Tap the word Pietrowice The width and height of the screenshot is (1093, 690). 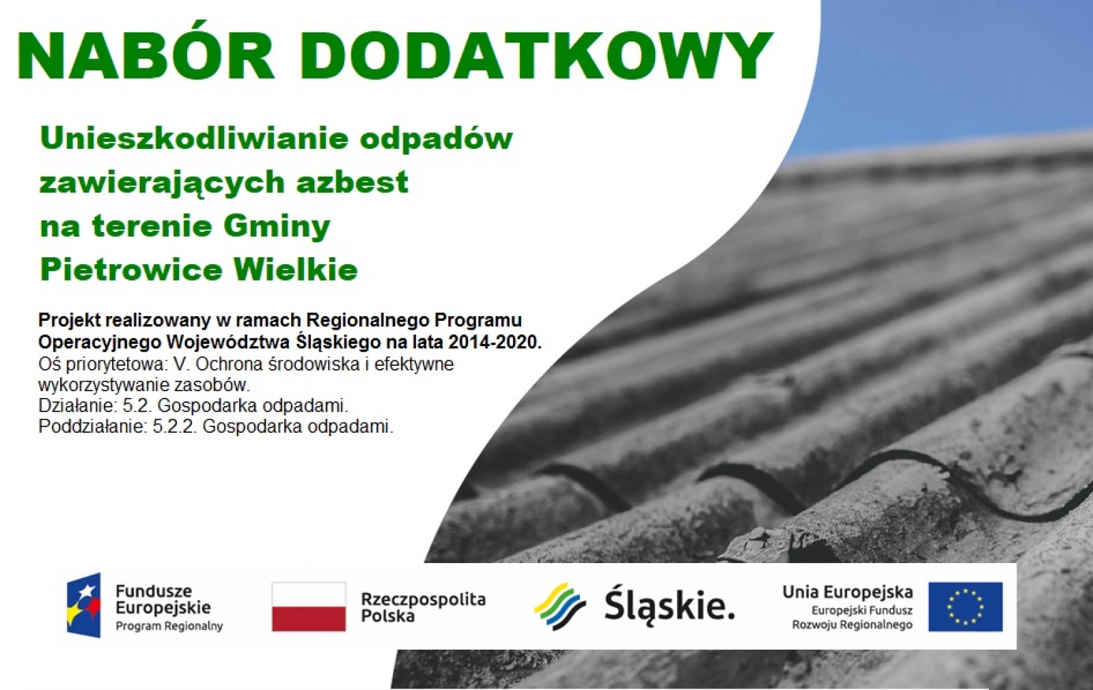click(x=131, y=269)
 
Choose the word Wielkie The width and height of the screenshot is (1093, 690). click(x=296, y=269)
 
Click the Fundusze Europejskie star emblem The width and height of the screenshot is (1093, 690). click(x=84, y=605)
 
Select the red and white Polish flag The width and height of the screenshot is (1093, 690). click(x=309, y=607)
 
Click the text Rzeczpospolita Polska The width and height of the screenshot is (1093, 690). click(x=423, y=607)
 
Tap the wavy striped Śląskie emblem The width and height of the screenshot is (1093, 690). click(x=559, y=607)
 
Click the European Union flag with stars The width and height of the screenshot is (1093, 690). click(x=965, y=607)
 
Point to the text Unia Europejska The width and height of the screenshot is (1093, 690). click(x=848, y=592)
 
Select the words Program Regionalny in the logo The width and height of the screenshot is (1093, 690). click(x=169, y=626)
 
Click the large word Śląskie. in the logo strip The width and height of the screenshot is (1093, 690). click(x=669, y=607)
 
